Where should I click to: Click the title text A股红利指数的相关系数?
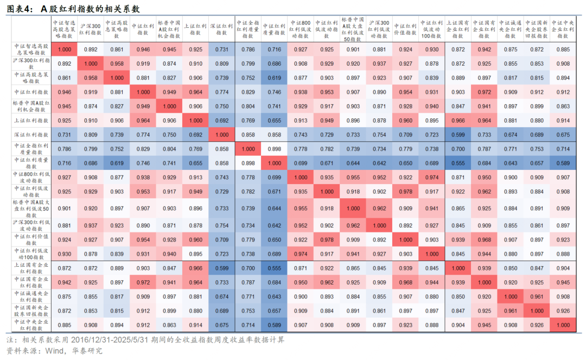coord(92,9)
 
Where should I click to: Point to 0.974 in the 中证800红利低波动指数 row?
coord(432,177)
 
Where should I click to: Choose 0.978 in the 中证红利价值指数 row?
coord(327,239)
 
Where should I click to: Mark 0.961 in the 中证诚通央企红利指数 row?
coord(537,296)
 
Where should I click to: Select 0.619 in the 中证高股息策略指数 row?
coord(275,78)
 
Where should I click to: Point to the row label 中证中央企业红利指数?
coord(31,325)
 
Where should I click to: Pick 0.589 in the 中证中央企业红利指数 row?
coord(275,325)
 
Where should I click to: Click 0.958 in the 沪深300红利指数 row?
coord(117,64)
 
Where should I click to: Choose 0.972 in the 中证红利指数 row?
coord(484,92)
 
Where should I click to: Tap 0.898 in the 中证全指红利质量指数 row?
coord(275,149)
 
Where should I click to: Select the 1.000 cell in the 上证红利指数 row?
coord(195,120)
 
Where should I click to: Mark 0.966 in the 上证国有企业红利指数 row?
coord(195,268)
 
